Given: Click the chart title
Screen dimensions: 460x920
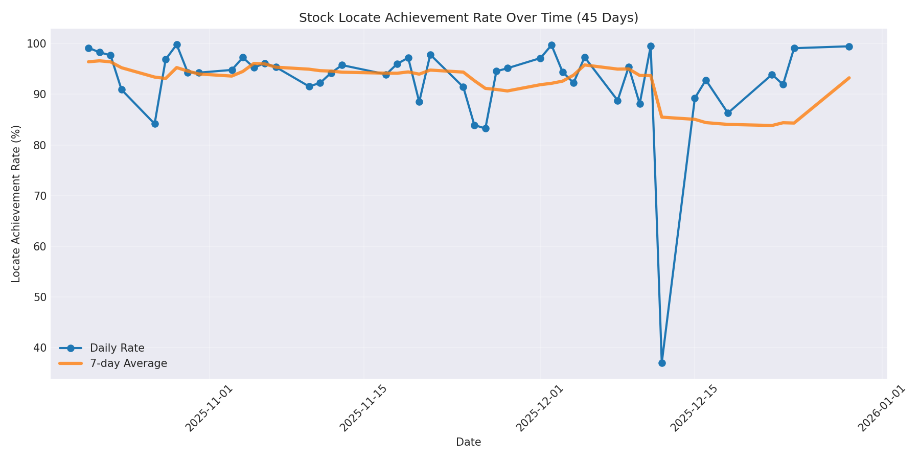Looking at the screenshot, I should pyautogui.click(x=468, y=18).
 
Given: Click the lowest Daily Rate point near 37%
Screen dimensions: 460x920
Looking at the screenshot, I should pyautogui.click(x=662, y=363).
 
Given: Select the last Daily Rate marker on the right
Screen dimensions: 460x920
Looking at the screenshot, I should pyautogui.click(x=849, y=47).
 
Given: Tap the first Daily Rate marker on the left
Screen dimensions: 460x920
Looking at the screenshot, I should pyautogui.click(x=88, y=48).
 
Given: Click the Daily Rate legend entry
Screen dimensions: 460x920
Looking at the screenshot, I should pyautogui.click(x=117, y=348).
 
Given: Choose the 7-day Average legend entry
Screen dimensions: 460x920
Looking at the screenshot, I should pyautogui.click(x=128, y=363).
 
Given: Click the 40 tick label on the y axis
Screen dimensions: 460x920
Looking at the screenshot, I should pyautogui.click(x=39, y=348).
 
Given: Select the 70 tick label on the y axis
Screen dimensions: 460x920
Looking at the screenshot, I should pyautogui.click(x=39, y=196).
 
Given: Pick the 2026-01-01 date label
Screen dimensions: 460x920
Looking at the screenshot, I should pyautogui.click(x=881, y=409).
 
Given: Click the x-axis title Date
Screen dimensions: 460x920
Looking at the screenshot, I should pyautogui.click(x=468, y=442).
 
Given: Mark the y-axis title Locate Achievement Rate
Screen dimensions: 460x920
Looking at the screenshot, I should pyautogui.click(x=16, y=203).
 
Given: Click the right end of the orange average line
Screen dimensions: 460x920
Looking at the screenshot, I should pyautogui.click(x=849, y=78).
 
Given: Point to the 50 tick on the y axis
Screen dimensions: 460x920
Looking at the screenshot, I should pyautogui.click(x=39, y=297).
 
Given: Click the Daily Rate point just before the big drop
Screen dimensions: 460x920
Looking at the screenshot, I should pyautogui.click(x=651, y=46).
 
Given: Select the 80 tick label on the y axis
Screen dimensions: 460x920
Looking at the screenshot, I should pyautogui.click(x=39, y=145).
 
